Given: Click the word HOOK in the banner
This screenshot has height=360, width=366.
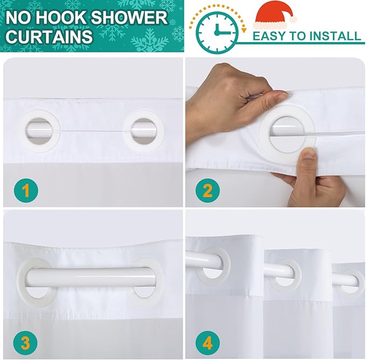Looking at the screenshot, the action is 61,18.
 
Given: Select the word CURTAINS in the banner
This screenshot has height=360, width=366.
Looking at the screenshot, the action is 49,37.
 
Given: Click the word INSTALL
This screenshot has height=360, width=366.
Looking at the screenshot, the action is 334,36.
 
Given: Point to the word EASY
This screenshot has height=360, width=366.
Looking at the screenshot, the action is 270,36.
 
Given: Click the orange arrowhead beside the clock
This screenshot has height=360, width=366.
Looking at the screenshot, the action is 244,30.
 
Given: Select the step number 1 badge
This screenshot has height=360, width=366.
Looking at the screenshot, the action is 26,190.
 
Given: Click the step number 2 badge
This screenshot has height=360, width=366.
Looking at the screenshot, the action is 208,190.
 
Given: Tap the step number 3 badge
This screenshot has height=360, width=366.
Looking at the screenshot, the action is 25,343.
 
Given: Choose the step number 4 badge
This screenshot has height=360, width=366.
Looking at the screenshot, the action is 208,343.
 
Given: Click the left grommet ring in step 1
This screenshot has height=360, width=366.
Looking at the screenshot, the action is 23,131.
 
